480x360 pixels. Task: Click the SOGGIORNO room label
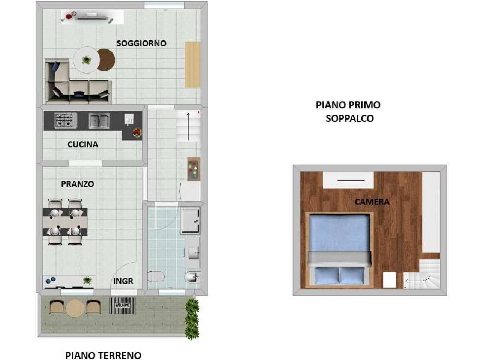tap(141, 43)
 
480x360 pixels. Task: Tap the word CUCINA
tap(83, 144)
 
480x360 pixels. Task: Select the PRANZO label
tap(77, 184)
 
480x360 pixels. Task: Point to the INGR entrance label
tap(123, 281)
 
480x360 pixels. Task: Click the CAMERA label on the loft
tap(372, 202)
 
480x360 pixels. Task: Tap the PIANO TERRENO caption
tap(103, 355)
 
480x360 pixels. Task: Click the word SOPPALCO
tap(349, 118)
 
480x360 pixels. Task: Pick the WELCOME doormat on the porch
tap(123, 305)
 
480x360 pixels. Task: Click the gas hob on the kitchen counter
tap(66, 120)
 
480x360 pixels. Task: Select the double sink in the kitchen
tap(99, 121)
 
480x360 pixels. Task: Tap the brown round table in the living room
tap(106, 60)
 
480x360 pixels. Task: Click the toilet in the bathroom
tap(156, 276)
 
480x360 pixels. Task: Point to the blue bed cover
tap(340, 233)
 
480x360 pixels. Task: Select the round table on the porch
tap(75, 308)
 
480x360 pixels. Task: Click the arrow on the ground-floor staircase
tap(188, 127)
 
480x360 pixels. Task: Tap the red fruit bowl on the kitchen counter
tap(137, 132)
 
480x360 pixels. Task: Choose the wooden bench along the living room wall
tap(192, 65)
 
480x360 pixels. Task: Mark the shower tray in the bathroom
tap(190, 220)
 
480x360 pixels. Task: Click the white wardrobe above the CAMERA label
tap(348, 180)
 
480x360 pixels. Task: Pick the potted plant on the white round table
tap(86, 60)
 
